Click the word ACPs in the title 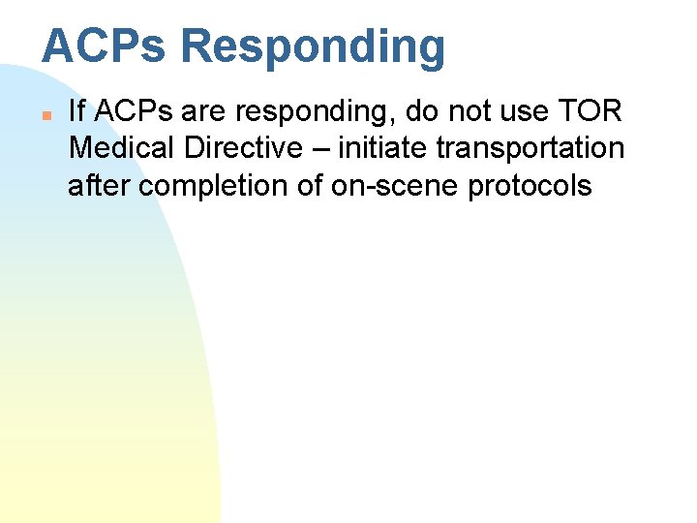[104, 46]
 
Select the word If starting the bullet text [76, 111]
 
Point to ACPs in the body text [131, 111]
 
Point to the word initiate [385, 148]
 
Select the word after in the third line [100, 185]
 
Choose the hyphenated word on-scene [395, 185]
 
